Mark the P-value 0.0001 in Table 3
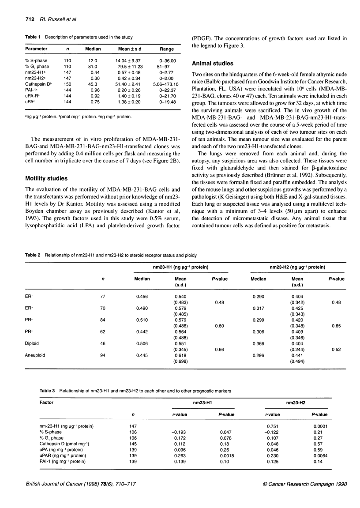pos(319,426)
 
